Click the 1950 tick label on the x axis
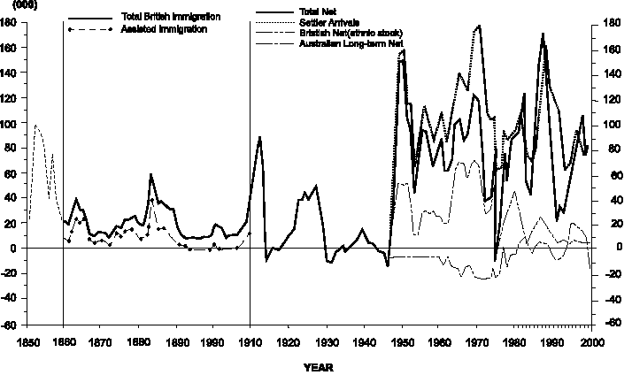402,341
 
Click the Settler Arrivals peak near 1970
479,26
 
